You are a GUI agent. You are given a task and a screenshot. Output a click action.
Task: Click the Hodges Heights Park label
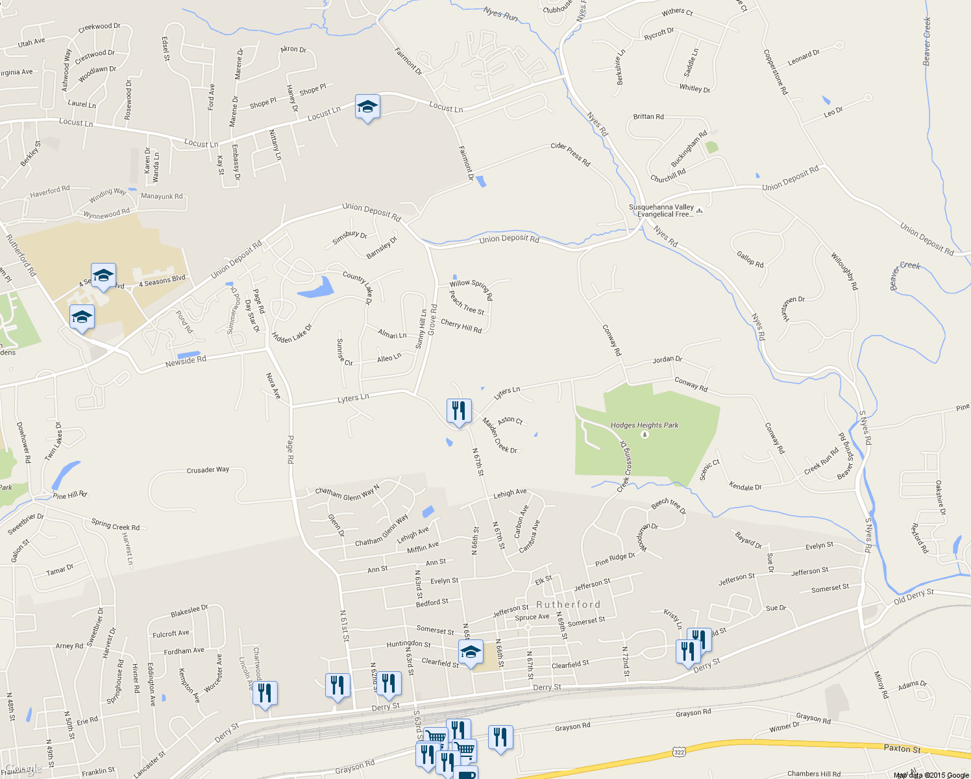[x=644, y=425]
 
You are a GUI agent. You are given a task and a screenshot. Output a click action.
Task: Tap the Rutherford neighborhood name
[x=568, y=604]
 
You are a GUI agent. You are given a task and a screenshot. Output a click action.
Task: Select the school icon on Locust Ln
[x=367, y=107]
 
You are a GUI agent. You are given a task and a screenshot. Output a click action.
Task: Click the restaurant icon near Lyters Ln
[x=459, y=412]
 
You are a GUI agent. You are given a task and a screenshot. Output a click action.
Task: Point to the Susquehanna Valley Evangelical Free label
[x=661, y=210]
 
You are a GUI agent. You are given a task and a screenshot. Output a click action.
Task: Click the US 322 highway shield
[x=679, y=752]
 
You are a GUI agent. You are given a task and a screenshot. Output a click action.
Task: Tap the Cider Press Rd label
[x=571, y=154]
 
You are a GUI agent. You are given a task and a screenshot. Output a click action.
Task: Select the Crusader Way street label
[x=208, y=469]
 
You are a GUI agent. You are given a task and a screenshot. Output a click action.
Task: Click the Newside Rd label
[x=186, y=361]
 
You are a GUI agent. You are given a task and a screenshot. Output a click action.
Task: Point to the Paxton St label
[x=902, y=748]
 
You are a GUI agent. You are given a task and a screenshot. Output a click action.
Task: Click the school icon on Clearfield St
[x=471, y=652]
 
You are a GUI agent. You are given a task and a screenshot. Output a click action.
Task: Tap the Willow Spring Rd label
[x=471, y=288]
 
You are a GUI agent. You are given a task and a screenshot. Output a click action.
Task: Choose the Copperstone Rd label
[x=775, y=72]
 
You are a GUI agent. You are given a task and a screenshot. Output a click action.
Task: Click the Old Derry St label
[x=913, y=596]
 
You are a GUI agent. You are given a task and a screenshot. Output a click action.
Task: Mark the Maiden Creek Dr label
[x=499, y=436]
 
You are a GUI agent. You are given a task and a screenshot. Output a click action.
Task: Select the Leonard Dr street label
[x=804, y=58]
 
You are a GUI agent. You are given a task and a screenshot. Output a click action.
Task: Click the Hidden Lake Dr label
[x=291, y=334]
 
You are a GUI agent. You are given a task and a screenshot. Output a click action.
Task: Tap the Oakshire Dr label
[x=940, y=498]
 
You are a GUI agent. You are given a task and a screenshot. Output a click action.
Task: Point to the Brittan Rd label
[x=648, y=117]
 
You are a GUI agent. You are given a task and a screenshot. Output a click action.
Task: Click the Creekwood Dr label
[x=99, y=27]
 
